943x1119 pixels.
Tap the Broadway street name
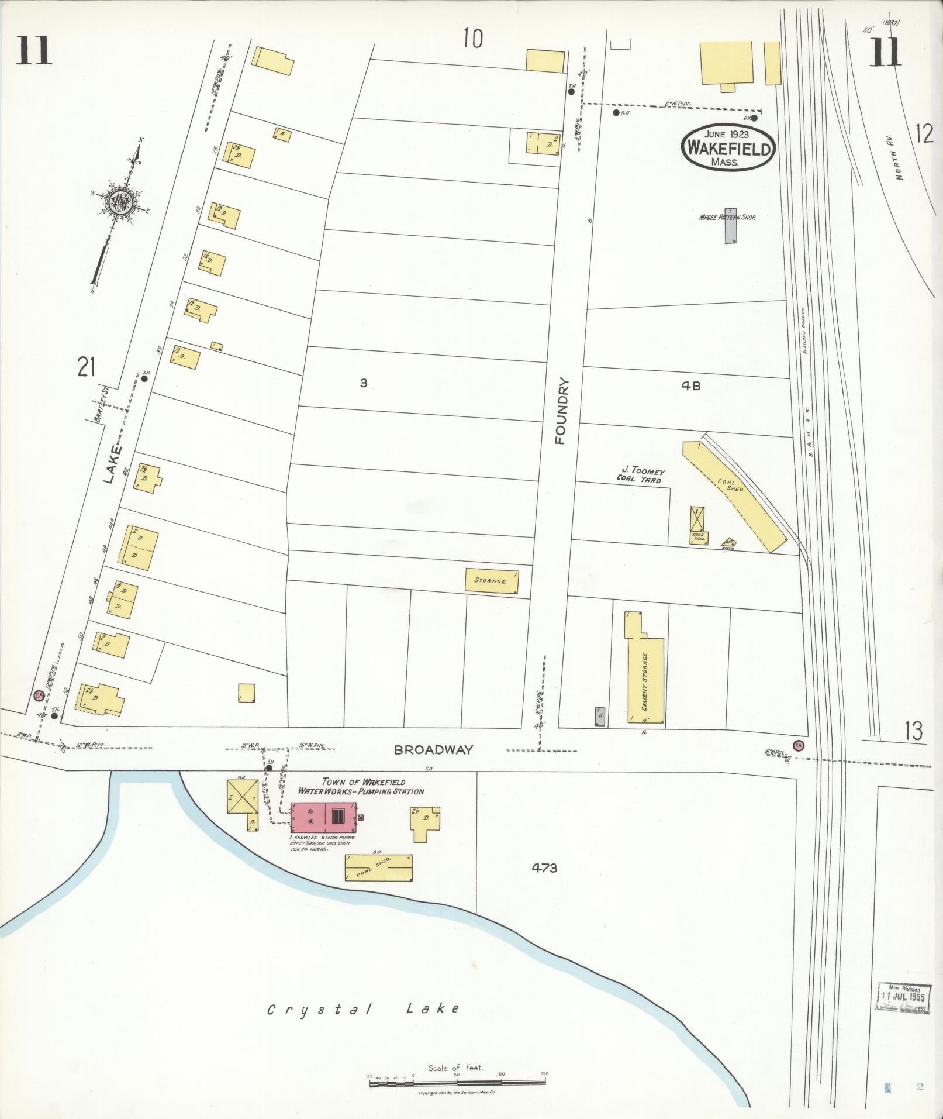pyautogui.click(x=433, y=750)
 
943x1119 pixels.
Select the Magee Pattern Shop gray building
pyautogui.click(x=730, y=225)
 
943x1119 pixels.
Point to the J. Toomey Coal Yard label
pyautogui.click(x=640, y=475)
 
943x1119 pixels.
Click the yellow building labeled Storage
pyautogui.click(x=492, y=580)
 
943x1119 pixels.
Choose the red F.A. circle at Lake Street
pyautogui.click(x=39, y=696)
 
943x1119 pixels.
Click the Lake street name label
pyautogui.click(x=115, y=465)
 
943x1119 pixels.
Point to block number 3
pyautogui.click(x=363, y=384)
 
